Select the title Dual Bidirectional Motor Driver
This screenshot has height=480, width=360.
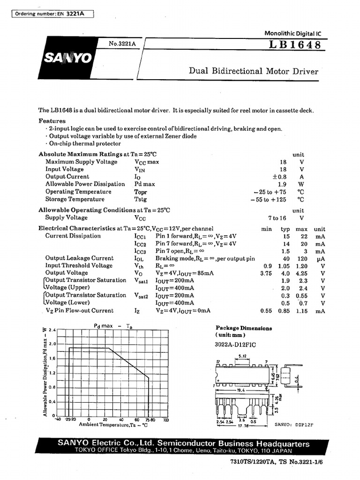point(253,71)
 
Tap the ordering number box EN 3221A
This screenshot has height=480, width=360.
point(52,14)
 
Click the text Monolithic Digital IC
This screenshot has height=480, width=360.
point(293,34)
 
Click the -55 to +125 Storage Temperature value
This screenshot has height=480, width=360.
point(268,199)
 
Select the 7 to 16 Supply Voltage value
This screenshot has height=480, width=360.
point(277,218)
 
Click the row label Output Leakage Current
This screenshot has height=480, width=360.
point(79,258)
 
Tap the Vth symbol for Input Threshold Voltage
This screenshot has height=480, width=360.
point(140,266)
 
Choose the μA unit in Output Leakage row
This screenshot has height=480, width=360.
point(320,258)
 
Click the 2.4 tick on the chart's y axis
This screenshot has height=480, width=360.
point(52,330)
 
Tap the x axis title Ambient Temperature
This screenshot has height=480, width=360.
point(113,425)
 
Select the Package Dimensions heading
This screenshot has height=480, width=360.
point(243,329)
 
